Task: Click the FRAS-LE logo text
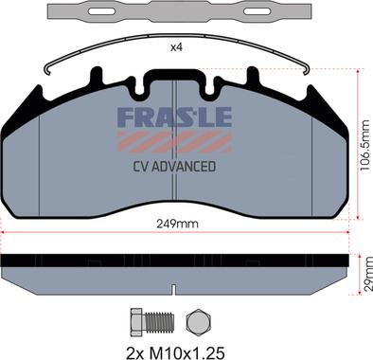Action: (x=175, y=117)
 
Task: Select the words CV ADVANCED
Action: (x=174, y=167)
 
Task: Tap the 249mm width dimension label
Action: (x=178, y=224)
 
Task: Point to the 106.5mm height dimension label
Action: (x=364, y=145)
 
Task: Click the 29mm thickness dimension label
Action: (x=367, y=274)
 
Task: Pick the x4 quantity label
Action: (x=177, y=47)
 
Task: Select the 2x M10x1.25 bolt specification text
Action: (x=175, y=352)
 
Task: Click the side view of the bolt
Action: (x=151, y=322)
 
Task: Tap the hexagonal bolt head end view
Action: (x=198, y=322)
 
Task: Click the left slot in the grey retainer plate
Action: (x=101, y=11)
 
